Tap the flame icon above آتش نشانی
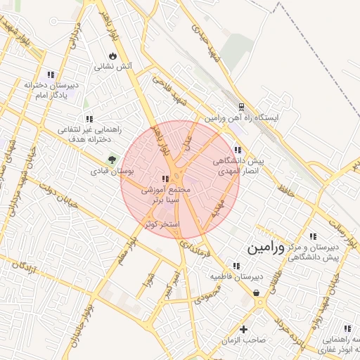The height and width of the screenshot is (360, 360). pyautogui.click(x=112, y=56)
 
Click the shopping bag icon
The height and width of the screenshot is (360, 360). pyautogui.click(x=256, y=292)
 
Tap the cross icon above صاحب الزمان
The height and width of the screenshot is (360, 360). pyautogui.click(x=244, y=329)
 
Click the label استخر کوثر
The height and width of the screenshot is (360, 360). pyautogui.click(x=162, y=224)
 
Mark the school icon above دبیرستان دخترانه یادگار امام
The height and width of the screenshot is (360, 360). pyautogui.click(x=51, y=75)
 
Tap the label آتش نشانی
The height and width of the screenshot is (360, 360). pyautogui.click(x=113, y=67)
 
